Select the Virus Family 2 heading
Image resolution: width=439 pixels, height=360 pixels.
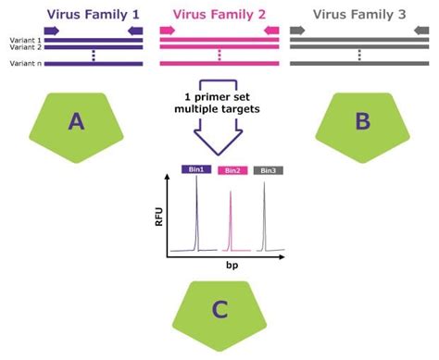point(219,14)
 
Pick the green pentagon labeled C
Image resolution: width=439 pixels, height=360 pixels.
point(219,312)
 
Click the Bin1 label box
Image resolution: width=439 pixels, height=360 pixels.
point(195,170)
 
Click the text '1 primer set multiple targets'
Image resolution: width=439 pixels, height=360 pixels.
point(219,103)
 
